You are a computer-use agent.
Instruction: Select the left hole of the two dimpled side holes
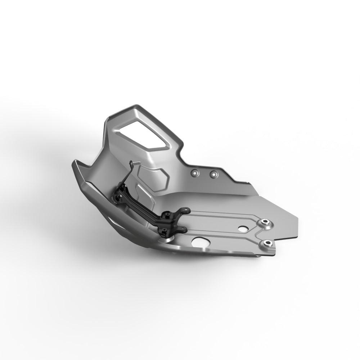click(x=195, y=173)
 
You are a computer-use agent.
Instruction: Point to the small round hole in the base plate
click(x=242, y=229)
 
